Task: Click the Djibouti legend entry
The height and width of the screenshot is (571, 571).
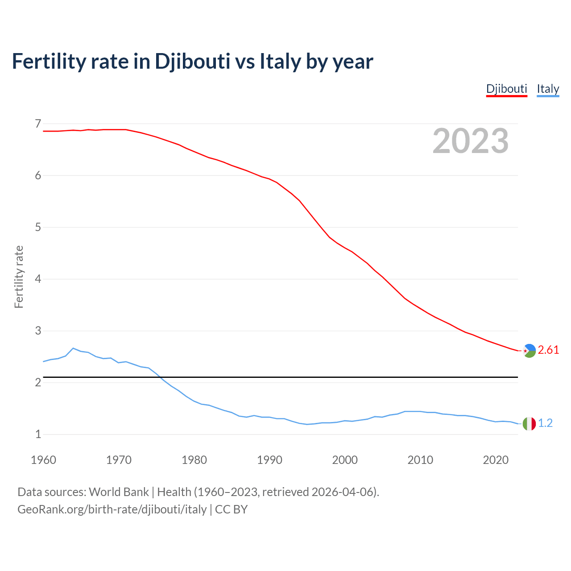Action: click(x=506, y=89)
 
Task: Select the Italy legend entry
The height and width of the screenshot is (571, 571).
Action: click(x=548, y=89)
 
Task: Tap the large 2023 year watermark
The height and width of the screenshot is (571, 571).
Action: click(x=471, y=141)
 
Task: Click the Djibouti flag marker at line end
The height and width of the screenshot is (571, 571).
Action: click(x=529, y=351)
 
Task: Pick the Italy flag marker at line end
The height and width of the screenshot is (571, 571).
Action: click(x=529, y=423)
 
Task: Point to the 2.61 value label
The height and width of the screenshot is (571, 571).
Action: click(x=548, y=350)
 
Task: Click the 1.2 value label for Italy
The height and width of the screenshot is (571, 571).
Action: click(x=545, y=423)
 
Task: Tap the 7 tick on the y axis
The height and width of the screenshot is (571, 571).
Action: click(x=38, y=124)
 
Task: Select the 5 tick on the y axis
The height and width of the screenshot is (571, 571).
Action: click(x=38, y=228)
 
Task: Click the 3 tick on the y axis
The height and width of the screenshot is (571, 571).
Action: click(x=38, y=331)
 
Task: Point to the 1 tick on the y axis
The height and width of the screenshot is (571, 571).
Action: click(x=38, y=434)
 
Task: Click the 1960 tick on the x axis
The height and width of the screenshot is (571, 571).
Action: click(x=43, y=460)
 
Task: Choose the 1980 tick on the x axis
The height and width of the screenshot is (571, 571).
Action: click(x=194, y=460)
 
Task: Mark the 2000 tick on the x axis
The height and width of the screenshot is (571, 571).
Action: click(x=345, y=460)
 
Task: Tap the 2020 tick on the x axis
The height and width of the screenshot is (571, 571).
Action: click(x=496, y=460)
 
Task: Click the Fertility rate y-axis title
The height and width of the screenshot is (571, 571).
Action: click(x=19, y=277)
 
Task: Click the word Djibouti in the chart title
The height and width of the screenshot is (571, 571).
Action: click(x=192, y=62)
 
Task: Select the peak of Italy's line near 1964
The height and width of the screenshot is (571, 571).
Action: click(x=73, y=348)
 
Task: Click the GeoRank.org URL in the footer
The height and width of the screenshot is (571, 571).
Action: click(x=112, y=509)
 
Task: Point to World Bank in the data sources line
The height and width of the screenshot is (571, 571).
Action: click(x=119, y=492)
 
